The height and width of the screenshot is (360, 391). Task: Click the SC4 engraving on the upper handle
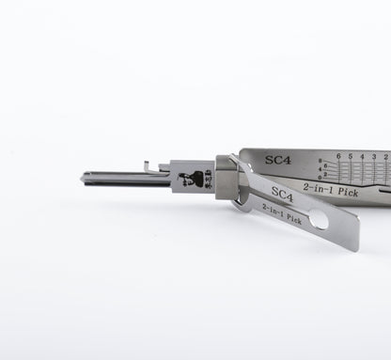pyautogui.click(x=277, y=160)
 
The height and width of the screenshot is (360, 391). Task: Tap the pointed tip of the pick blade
pyautogui.click(x=84, y=178)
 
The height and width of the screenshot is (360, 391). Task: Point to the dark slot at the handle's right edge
pyautogui.click(x=383, y=192)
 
